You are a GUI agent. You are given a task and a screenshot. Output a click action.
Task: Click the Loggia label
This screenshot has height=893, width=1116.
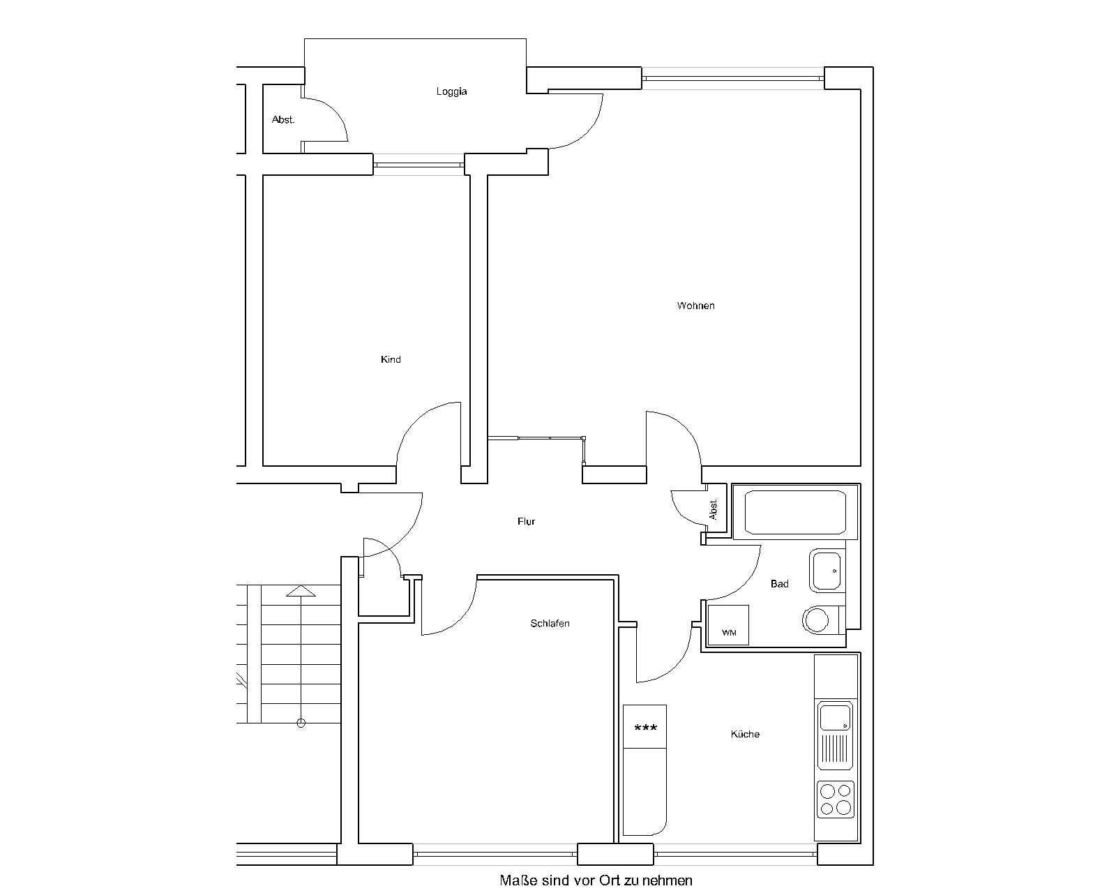point(451,91)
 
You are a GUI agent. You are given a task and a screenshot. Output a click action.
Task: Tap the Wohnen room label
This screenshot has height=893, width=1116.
point(695,306)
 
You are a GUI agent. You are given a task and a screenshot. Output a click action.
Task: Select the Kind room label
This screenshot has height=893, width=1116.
point(391,359)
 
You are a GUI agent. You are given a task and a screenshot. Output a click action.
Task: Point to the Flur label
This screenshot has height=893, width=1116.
point(526,521)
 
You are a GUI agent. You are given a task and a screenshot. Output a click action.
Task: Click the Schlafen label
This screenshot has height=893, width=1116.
point(550,623)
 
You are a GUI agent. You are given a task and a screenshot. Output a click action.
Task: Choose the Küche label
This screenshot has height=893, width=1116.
point(745,734)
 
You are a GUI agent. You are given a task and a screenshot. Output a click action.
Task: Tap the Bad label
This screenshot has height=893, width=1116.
point(779,584)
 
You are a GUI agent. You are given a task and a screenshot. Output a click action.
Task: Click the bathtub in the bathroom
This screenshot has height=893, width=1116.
point(795,512)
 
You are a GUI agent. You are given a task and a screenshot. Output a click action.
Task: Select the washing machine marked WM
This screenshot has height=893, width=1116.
point(728,624)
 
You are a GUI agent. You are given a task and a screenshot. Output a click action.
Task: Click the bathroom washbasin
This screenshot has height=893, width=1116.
point(827,571)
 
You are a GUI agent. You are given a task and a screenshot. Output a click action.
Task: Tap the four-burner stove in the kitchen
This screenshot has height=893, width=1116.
point(836,800)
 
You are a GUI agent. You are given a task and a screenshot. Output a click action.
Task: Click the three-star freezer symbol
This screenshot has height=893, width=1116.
point(646,728)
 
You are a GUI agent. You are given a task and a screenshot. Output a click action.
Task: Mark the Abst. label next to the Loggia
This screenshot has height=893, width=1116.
point(283,120)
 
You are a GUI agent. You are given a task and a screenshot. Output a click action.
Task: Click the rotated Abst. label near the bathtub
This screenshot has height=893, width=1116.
point(714,509)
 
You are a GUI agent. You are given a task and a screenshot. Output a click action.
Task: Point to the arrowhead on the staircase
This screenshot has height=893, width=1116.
point(301,590)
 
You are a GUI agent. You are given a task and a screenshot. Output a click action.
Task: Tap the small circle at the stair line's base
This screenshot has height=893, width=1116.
point(301,723)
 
